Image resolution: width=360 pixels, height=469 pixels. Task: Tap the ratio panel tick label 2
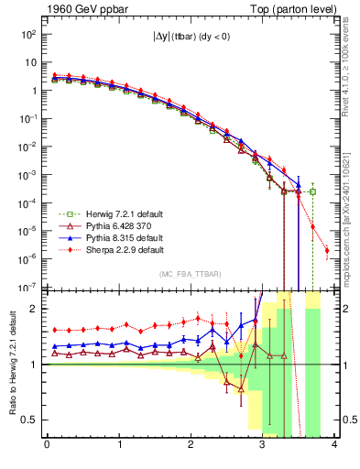[x=35, y=309]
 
